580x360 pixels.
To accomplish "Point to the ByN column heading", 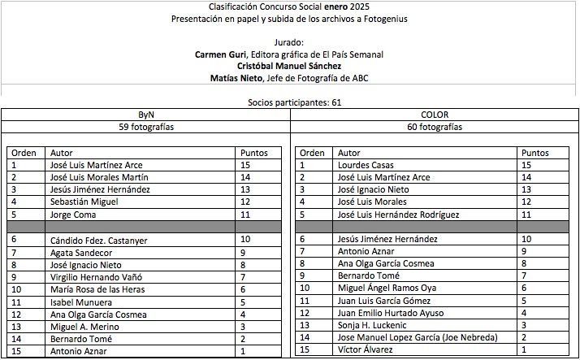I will pos(146,115).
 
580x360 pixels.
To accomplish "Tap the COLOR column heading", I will pos(435,115).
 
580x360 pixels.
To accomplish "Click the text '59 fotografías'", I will pos(146,128).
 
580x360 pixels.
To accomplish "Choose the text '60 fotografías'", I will pos(435,128).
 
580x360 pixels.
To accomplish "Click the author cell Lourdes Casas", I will pos(365,165).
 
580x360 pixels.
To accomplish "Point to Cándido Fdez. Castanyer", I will pos(100,240).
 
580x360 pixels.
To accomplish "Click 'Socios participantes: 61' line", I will pos(290,103).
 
